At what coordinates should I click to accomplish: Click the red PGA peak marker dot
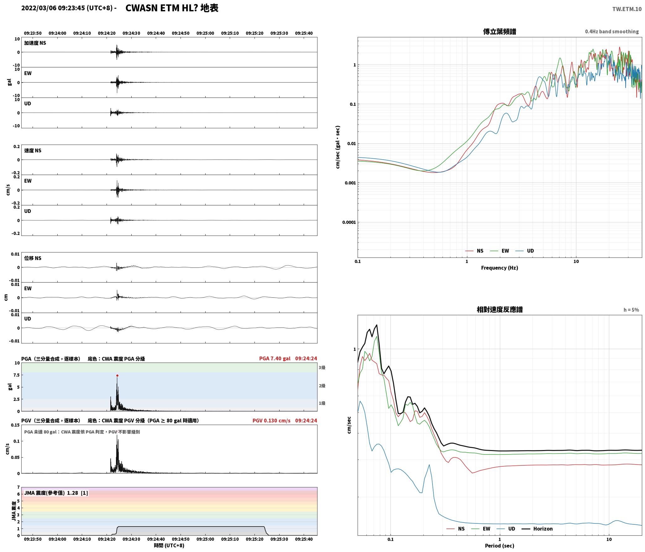click(117, 375)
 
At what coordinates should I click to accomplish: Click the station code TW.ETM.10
click(627, 9)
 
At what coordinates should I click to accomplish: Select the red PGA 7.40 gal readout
click(275, 358)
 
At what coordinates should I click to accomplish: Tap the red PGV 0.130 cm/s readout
click(271, 421)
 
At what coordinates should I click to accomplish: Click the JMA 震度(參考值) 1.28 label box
click(56, 493)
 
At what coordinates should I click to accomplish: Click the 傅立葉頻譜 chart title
click(500, 32)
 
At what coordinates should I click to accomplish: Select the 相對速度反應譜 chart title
click(500, 310)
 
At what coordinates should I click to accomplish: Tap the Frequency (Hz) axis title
click(500, 268)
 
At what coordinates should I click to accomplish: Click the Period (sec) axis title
click(500, 546)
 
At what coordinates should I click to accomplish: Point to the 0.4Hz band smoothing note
click(612, 32)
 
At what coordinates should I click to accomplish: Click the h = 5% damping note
click(631, 310)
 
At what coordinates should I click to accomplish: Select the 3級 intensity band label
click(322, 368)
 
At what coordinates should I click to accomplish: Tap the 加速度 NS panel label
click(35, 43)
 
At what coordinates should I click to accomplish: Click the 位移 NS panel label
click(33, 258)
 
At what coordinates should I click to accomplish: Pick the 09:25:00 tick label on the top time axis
click(205, 33)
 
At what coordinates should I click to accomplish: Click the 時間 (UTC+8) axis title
click(169, 545)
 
